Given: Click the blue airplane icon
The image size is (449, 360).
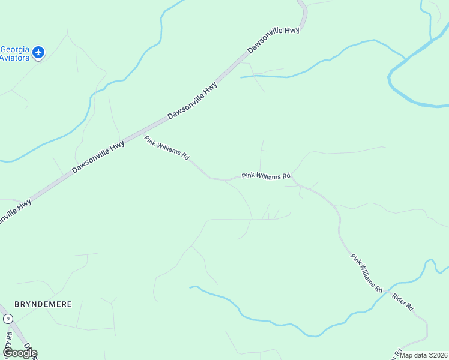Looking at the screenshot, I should (x=38, y=53).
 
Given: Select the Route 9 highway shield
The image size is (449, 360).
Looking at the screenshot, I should (x=7, y=319).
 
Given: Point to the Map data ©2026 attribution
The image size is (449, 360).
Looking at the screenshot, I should (x=423, y=355).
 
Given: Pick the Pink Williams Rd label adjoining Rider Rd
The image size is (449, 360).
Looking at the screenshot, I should (x=367, y=273).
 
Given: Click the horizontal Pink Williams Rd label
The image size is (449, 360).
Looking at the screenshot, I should (x=266, y=176).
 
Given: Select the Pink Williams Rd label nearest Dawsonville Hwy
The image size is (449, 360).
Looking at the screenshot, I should (x=167, y=148).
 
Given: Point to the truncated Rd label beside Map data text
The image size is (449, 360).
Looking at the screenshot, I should (x=396, y=352).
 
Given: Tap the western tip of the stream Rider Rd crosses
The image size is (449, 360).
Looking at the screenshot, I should (x=191, y=287).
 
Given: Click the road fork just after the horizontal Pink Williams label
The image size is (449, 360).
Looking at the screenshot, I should (x=294, y=181).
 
